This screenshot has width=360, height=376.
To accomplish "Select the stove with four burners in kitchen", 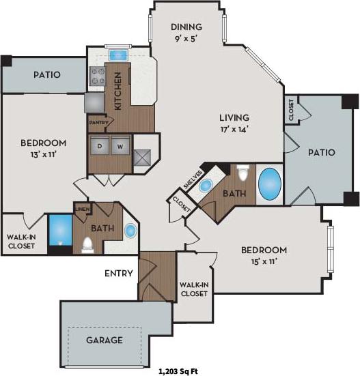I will tap(96, 76).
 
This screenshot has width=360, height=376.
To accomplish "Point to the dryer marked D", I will tap(99, 145).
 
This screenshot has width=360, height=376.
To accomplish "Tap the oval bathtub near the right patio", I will tap(269, 183).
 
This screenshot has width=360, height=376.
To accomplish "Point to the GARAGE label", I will tap(104, 339).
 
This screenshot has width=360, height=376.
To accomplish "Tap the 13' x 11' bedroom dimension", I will tap(43, 154).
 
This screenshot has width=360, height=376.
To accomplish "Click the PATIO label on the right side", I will tap(321, 152).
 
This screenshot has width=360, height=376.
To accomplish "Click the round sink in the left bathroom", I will tap(130, 231).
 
